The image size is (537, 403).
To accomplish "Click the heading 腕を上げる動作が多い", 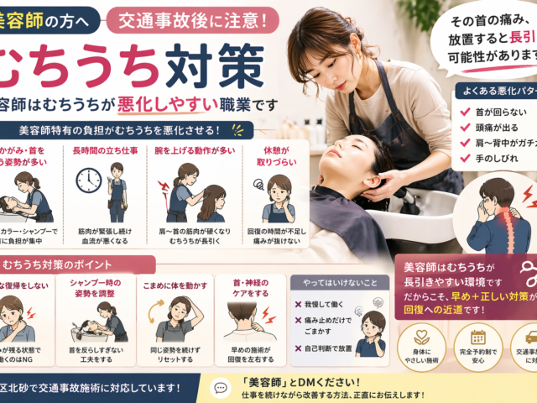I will tap(185, 152).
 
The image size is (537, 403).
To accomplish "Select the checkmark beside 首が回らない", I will tap(466, 112).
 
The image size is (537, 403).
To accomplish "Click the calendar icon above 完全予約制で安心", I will tap(478, 338).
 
